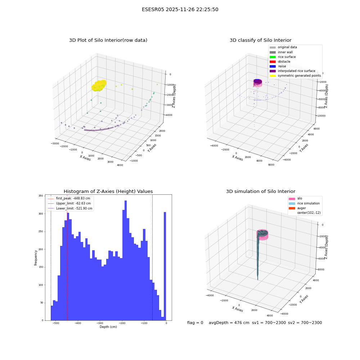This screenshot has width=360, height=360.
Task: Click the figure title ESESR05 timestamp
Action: click(180, 9)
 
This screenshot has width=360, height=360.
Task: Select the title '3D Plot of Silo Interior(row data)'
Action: click(108, 40)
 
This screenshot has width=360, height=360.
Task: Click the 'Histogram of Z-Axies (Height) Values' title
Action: click(108, 192)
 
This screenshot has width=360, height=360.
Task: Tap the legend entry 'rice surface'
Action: click(283, 57)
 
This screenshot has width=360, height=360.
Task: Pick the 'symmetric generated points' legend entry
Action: click(295, 76)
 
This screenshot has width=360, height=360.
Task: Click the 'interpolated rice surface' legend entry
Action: click(292, 71)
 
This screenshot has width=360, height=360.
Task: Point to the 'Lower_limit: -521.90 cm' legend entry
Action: click(70, 208)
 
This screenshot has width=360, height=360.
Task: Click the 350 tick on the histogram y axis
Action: click(41, 196)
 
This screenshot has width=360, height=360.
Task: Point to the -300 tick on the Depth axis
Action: click(100, 323)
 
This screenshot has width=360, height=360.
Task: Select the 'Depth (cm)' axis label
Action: click(108, 327)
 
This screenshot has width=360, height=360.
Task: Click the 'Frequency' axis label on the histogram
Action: click(36, 258)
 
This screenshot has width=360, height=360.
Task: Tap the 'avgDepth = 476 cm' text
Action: click(229, 323)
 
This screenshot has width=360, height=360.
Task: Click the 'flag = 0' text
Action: click(195, 323)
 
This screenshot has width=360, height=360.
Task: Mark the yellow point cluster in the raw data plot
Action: click(99, 85)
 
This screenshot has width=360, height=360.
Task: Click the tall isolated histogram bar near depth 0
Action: click(165, 266)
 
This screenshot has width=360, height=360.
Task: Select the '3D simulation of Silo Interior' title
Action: click(261, 192)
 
